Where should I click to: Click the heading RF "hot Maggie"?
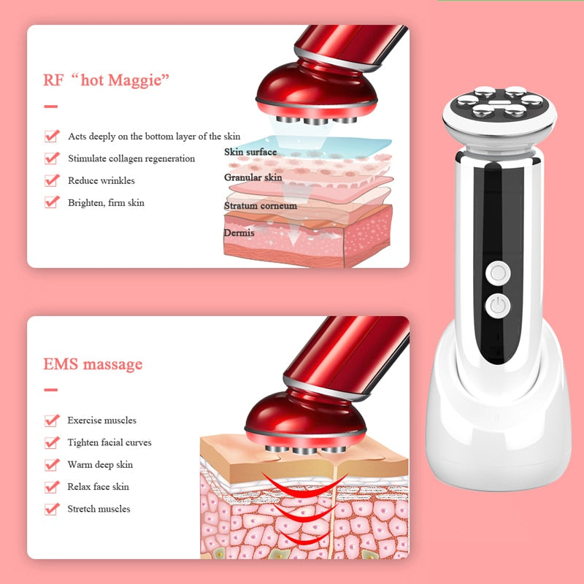[107, 79]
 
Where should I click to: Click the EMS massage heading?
[93, 364]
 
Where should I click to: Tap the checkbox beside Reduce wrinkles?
[51, 180]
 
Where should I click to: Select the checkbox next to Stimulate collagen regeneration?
[51, 158]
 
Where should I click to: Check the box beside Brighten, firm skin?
[51, 202]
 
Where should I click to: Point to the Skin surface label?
[250, 152]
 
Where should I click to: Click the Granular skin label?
[253, 177]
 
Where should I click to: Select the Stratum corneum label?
[260, 206]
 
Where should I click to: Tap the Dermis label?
[239, 232]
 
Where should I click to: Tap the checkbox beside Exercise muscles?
[51, 420]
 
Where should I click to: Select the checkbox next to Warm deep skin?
[51, 464]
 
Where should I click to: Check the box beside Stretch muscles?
[51, 509]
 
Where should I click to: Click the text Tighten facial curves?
[109, 442]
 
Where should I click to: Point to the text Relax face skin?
[98, 487]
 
